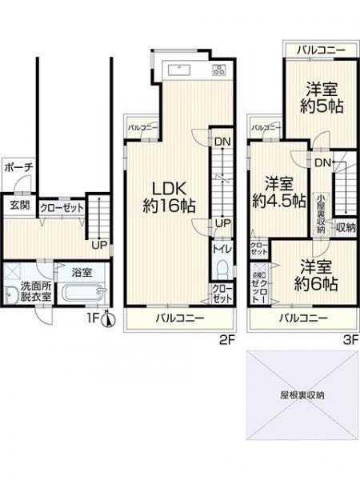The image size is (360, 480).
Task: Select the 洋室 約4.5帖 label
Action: pyautogui.click(x=277, y=193)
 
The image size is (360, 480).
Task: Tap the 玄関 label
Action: pyautogui.click(x=18, y=205)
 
